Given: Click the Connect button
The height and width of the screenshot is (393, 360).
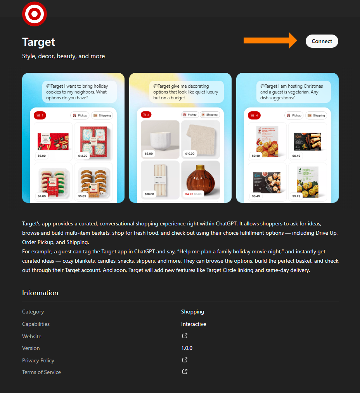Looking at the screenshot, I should point(322,41).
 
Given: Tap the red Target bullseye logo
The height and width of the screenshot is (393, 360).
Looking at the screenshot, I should point(35,14).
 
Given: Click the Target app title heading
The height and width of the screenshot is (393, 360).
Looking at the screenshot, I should point(39,42).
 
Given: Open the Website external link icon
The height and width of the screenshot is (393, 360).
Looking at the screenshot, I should point(185,336).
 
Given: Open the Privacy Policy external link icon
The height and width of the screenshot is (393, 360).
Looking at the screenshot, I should point(185,360).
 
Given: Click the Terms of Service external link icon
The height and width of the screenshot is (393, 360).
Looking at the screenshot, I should point(185,372).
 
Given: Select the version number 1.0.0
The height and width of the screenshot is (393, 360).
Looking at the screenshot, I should point(187,348).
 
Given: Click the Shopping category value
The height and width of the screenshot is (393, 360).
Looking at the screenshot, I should point(192,312).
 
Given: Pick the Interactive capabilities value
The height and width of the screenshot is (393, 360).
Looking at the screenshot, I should point(194,324).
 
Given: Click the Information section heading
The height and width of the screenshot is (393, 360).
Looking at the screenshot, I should point(40,293).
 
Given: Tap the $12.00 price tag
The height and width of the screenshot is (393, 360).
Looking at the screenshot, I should point(83,156).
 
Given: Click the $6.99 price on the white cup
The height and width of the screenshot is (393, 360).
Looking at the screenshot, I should point(149,154).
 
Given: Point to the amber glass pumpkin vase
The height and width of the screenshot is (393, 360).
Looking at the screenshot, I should point(200,178).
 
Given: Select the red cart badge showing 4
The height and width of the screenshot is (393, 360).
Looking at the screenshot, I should point(254,115).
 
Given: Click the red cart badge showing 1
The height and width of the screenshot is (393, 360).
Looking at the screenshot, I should point(40,115).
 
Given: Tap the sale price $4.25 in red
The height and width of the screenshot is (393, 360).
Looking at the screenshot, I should point(189,194).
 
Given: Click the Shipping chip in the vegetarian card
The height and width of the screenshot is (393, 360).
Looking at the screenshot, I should point(316,115).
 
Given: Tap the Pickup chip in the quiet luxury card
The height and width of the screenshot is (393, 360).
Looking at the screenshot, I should point(190,115).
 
